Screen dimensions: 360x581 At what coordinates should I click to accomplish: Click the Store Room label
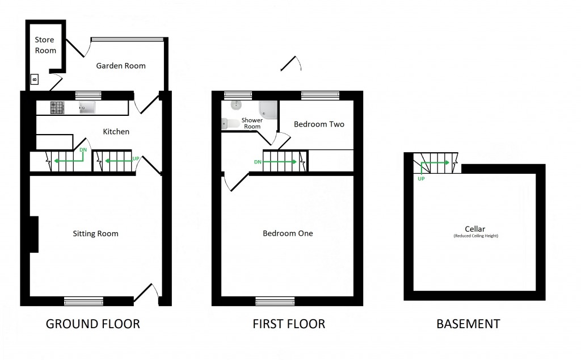click(x=45, y=45)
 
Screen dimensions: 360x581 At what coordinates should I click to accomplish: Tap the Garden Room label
click(x=120, y=66)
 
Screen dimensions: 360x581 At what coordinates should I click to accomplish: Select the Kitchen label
click(x=116, y=132)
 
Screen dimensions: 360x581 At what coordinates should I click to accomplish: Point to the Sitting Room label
click(x=95, y=233)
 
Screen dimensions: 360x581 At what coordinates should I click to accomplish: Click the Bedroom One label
click(x=288, y=233)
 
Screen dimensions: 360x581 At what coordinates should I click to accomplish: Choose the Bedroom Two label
click(x=319, y=124)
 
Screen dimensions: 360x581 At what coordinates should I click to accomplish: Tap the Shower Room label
click(x=252, y=123)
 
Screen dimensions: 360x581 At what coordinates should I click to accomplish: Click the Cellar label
click(x=475, y=229)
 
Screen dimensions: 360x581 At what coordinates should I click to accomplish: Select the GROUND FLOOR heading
click(x=92, y=324)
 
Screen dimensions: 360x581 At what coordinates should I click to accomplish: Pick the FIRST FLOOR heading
click(x=289, y=324)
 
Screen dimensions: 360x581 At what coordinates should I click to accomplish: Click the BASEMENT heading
click(x=468, y=324)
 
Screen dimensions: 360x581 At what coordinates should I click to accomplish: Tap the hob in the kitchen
click(x=57, y=107)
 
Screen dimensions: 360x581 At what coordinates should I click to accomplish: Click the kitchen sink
click(x=89, y=107)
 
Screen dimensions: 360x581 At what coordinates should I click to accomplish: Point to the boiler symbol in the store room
click(x=34, y=79)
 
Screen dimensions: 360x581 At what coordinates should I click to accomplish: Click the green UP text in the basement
click(x=421, y=178)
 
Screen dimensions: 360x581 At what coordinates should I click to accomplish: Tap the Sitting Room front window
click(x=83, y=300)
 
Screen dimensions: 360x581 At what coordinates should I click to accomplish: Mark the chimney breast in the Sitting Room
click(x=33, y=234)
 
